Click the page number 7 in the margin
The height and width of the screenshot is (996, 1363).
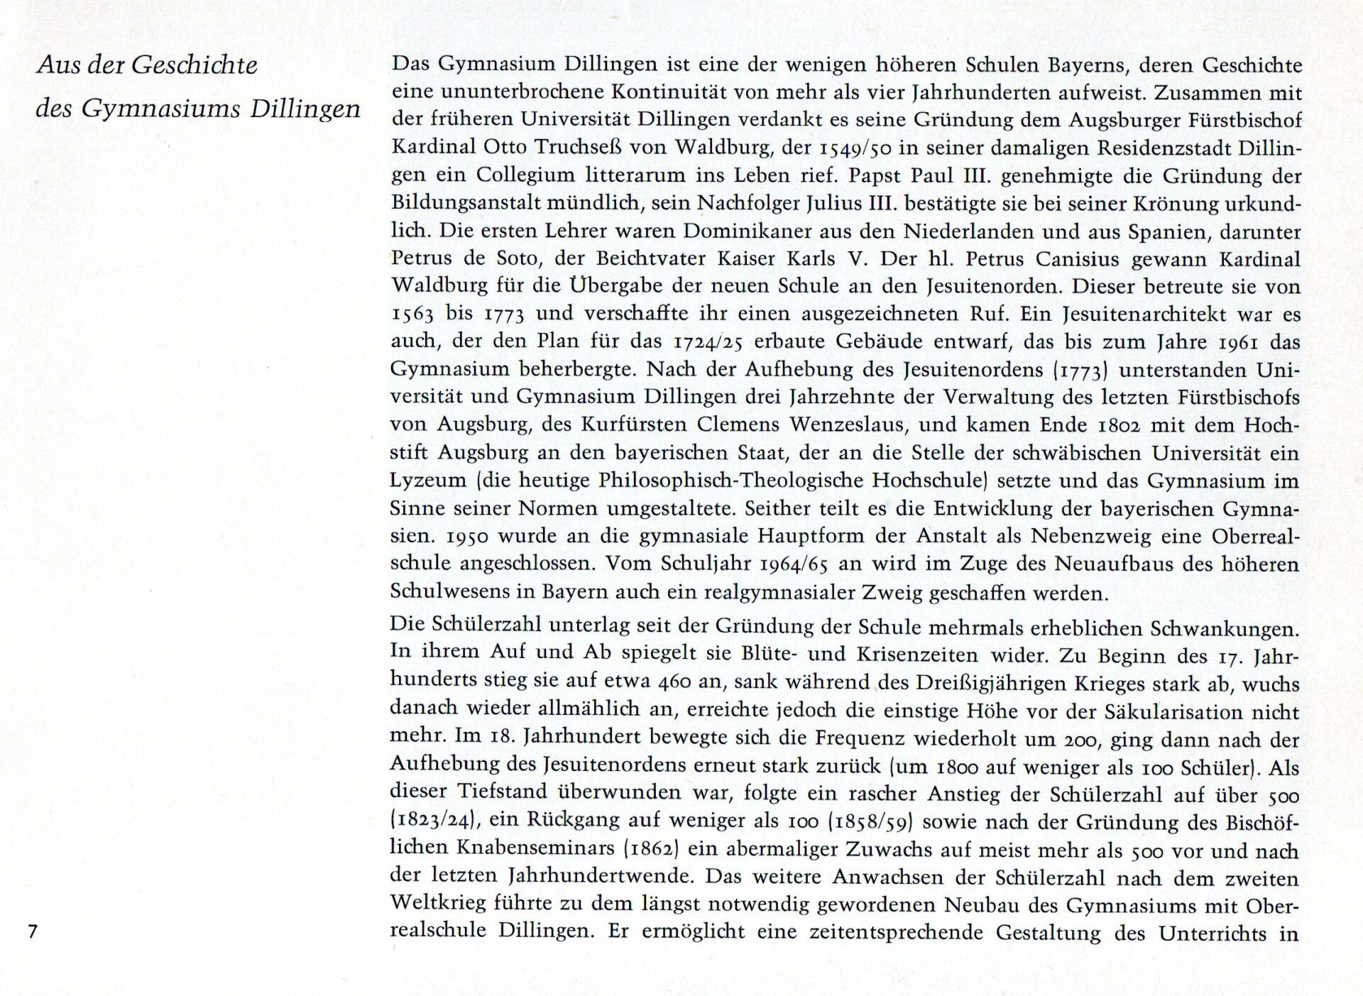pyautogui.click(x=32, y=931)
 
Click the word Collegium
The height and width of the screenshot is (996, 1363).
pyautogui.click(x=516, y=175)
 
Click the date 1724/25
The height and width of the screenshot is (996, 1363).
pyautogui.click(x=710, y=342)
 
